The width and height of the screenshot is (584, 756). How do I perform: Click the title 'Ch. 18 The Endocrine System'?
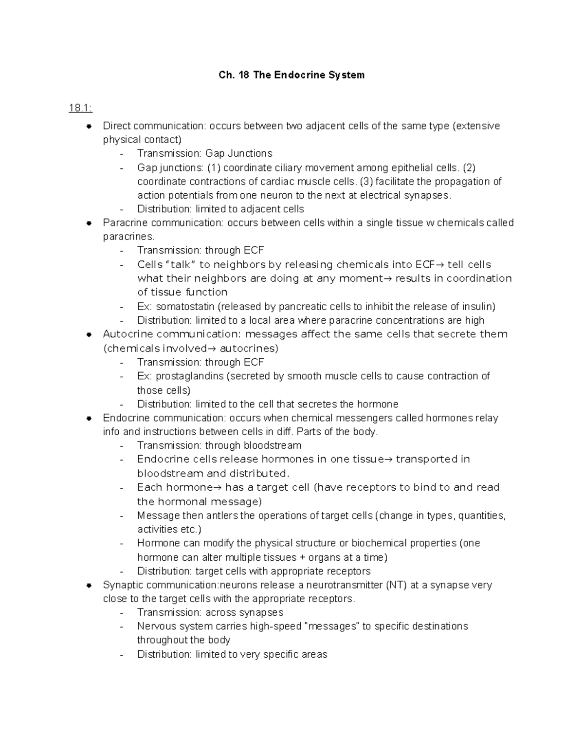coord(292,75)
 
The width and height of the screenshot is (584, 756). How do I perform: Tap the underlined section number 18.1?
coord(80,108)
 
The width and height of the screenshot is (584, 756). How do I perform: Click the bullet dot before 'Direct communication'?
coord(89,126)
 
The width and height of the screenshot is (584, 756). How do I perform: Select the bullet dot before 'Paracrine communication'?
coord(89,223)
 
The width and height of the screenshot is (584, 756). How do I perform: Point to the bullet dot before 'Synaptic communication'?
coord(89,585)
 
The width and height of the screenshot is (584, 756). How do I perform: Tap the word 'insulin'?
coord(479,307)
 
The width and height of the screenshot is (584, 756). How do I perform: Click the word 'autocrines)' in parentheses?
coord(249,349)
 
